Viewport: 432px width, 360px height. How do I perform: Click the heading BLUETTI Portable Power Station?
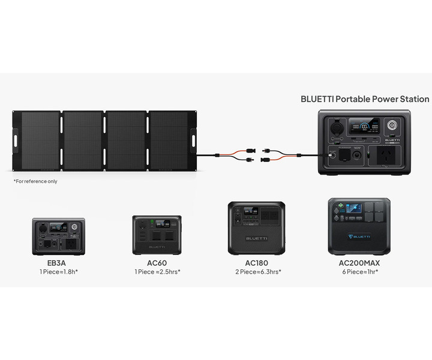pos(365,99)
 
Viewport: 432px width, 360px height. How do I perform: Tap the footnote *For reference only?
pos(35,181)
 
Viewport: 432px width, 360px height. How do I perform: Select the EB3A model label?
pos(58,263)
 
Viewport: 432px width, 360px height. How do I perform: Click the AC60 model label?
pos(157,263)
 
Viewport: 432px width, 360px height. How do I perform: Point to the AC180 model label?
pos(256,263)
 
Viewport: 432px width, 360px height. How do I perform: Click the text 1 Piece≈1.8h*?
pos(58,272)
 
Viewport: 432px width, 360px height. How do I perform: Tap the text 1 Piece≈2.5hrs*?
pos(157,272)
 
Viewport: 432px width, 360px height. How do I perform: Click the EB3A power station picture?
pos(58,237)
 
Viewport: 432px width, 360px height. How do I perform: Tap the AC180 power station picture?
pos(256,229)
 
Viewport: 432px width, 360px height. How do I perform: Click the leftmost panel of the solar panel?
pos(39,142)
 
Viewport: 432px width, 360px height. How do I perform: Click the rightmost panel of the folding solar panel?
pos(169,142)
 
